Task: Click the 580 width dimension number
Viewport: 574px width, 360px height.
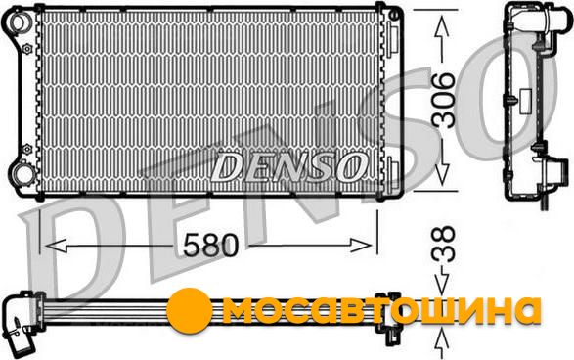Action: click(210, 245)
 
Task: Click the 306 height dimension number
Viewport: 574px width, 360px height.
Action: click(443, 100)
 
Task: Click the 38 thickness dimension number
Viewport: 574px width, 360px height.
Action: click(443, 245)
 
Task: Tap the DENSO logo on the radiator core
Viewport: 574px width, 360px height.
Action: click(288, 167)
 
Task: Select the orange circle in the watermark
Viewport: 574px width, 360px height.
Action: click(190, 310)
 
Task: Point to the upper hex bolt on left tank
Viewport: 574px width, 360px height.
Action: click(27, 48)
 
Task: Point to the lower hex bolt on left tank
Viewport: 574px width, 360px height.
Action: click(27, 149)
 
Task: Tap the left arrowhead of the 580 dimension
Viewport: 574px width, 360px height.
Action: click(56, 246)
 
